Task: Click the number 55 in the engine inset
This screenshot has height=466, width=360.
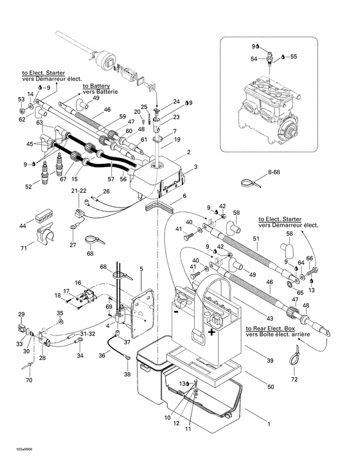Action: (x=294, y=57)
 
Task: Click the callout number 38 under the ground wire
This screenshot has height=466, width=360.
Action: (x=127, y=374)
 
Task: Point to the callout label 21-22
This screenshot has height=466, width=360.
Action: (x=78, y=191)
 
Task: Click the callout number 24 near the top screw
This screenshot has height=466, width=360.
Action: (x=176, y=102)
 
